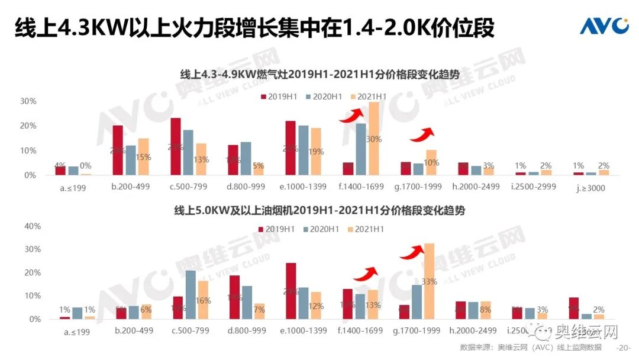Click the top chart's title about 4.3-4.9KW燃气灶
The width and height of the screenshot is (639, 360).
319,74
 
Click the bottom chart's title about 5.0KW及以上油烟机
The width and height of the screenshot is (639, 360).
319,211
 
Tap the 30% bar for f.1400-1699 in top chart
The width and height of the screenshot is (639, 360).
373,139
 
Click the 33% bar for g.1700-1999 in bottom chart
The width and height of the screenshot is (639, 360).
429,281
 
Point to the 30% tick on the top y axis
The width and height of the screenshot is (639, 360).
28,101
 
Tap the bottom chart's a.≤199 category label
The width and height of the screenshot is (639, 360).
78,332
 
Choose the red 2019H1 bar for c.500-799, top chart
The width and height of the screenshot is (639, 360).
176,147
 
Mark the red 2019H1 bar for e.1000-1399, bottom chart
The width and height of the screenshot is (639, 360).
291,291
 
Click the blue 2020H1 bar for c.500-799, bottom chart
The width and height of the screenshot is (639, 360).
191,294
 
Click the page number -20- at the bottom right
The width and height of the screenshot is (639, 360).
624,348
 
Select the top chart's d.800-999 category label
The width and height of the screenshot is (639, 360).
246,187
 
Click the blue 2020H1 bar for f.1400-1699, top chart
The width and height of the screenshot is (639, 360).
361,149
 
